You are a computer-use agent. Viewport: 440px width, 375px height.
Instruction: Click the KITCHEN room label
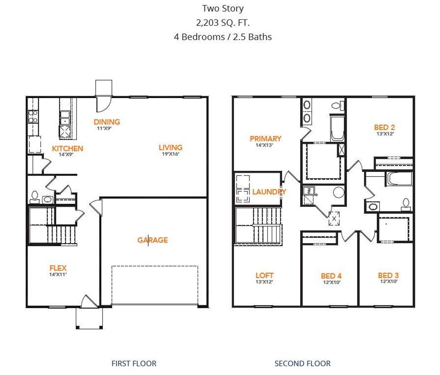pyautogui.click(x=67, y=148)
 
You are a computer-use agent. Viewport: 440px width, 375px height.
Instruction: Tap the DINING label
pyautogui.click(x=107, y=122)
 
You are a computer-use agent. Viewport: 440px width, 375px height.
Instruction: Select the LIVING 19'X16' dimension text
pyautogui.click(x=170, y=154)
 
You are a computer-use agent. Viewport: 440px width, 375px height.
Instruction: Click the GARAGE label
pyautogui.click(x=153, y=240)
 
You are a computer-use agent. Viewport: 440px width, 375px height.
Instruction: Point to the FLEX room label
pyautogui.click(x=58, y=268)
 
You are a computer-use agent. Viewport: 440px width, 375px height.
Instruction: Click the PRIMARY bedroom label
pyautogui.click(x=265, y=138)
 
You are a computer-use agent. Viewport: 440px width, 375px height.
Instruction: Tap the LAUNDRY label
pyautogui.click(x=269, y=192)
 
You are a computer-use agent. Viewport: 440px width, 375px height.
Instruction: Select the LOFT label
pyautogui.click(x=264, y=275)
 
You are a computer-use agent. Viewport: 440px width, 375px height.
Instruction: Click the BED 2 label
pyautogui.click(x=384, y=127)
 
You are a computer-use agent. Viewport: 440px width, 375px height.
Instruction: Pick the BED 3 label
pyautogui.click(x=388, y=275)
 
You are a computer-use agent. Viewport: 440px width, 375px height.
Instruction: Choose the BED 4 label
pyautogui.click(x=331, y=276)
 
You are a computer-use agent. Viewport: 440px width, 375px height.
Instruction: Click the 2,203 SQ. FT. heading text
pyautogui.click(x=223, y=23)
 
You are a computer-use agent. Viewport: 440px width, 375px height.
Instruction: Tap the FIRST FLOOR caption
pyautogui.click(x=134, y=363)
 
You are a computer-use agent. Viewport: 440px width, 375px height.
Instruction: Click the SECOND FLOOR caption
pyautogui.click(x=302, y=363)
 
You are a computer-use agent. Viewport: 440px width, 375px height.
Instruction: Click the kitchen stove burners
pyautogui.click(x=33, y=116)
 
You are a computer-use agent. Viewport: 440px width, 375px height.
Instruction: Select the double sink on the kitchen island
pyautogui.click(x=65, y=118)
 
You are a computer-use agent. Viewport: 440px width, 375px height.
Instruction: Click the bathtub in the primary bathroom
pyautogui.click(x=337, y=128)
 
